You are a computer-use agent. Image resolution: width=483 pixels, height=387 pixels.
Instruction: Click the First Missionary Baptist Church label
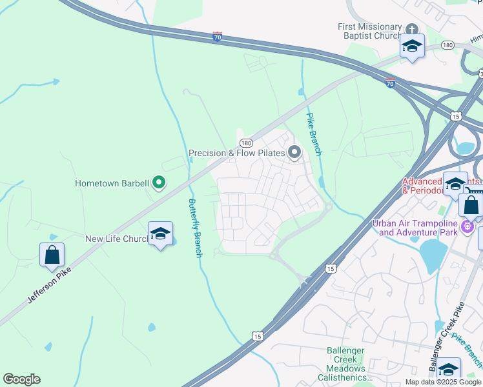[x=370, y=31]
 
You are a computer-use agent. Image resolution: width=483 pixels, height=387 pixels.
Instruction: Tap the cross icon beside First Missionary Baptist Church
[x=412, y=28]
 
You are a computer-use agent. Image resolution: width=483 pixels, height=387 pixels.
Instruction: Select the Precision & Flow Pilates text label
[x=236, y=153]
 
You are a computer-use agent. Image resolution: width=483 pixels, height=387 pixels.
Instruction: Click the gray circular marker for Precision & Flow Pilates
[x=294, y=152]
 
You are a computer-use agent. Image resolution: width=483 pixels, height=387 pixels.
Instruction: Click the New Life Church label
[x=117, y=239]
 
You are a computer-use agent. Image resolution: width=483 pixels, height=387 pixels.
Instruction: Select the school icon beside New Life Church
[x=160, y=233]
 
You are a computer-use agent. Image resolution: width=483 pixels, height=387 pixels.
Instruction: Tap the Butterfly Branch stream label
[x=194, y=228]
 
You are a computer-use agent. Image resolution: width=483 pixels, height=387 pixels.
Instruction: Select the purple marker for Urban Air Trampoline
[x=468, y=227]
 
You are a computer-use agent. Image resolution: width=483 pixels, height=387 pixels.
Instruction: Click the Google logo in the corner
[x=21, y=379]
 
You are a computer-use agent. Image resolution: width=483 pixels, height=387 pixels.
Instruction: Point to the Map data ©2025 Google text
[x=443, y=382]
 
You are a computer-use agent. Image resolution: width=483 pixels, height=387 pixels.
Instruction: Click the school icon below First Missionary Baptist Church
[x=412, y=46]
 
